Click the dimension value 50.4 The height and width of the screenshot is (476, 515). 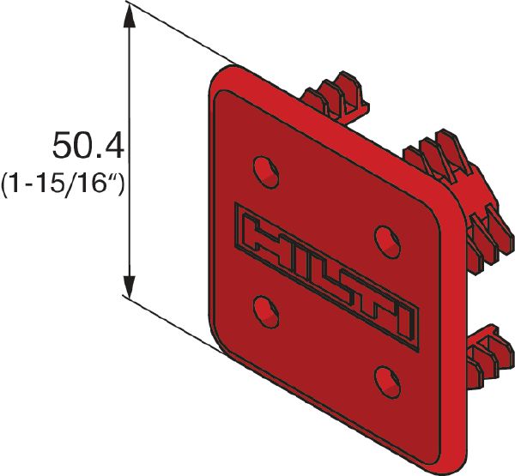click(88, 146)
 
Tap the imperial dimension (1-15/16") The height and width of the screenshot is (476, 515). click(64, 184)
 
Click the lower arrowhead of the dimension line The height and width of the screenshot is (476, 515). click(130, 288)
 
